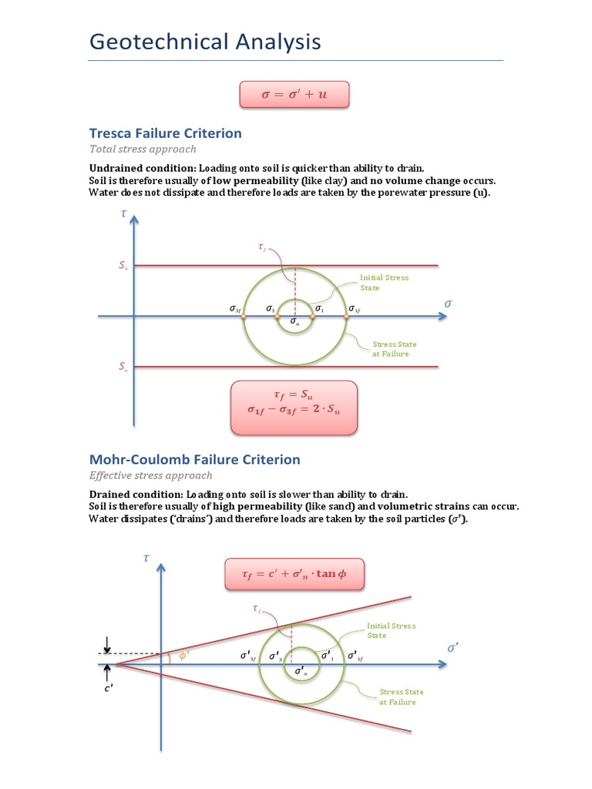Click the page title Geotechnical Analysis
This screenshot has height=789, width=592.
(x=205, y=42)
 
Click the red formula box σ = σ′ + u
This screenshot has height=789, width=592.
(x=294, y=96)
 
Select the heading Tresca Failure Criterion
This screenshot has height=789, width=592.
(x=166, y=133)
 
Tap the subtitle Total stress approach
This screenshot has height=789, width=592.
(x=143, y=149)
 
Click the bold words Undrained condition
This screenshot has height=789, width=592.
(x=143, y=168)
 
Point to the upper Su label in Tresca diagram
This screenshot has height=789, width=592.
(x=123, y=266)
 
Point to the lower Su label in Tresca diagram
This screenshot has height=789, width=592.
(x=123, y=368)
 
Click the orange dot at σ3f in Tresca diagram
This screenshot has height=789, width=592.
(x=244, y=316)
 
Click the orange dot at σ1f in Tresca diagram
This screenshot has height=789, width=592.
(x=347, y=316)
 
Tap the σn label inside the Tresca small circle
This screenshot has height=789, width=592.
(x=294, y=322)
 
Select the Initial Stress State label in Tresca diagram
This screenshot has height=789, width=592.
(x=384, y=282)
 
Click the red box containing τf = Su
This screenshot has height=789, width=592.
(x=294, y=406)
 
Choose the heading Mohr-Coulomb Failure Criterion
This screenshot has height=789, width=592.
(x=195, y=460)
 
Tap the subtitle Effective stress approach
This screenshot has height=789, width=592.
(x=151, y=475)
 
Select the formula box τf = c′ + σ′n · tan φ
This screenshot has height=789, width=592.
(x=294, y=574)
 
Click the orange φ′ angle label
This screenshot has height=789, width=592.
(x=183, y=656)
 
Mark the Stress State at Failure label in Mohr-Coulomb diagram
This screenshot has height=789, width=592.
(x=401, y=697)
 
